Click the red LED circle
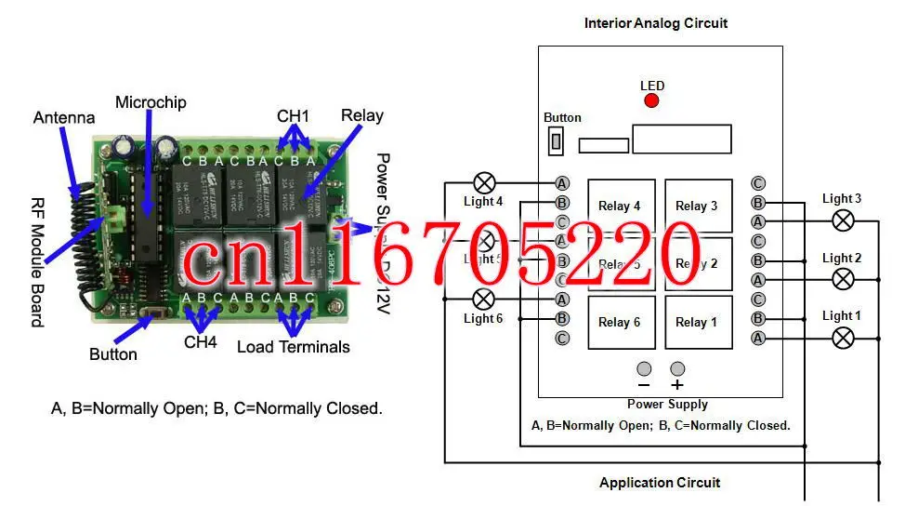click(x=651, y=100)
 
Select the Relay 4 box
click(x=621, y=206)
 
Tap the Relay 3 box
click(x=697, y=206)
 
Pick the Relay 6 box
click(x=621, y=322)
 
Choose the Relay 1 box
click(x=697, y=322)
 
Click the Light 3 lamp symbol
click(x=842, y=220)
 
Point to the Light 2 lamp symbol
click(x=842, y=279)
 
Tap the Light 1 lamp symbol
click(x=842, y=337)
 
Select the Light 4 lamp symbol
click(x=485, y=182)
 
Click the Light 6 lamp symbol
click(x=484, y=299)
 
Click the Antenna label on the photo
click(x=64, y=118)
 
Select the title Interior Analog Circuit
click(x=656, y=23)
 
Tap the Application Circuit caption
click(x=660, y=482)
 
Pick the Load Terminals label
click(x=294, y=347)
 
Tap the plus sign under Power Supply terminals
click(x=677, y=384)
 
